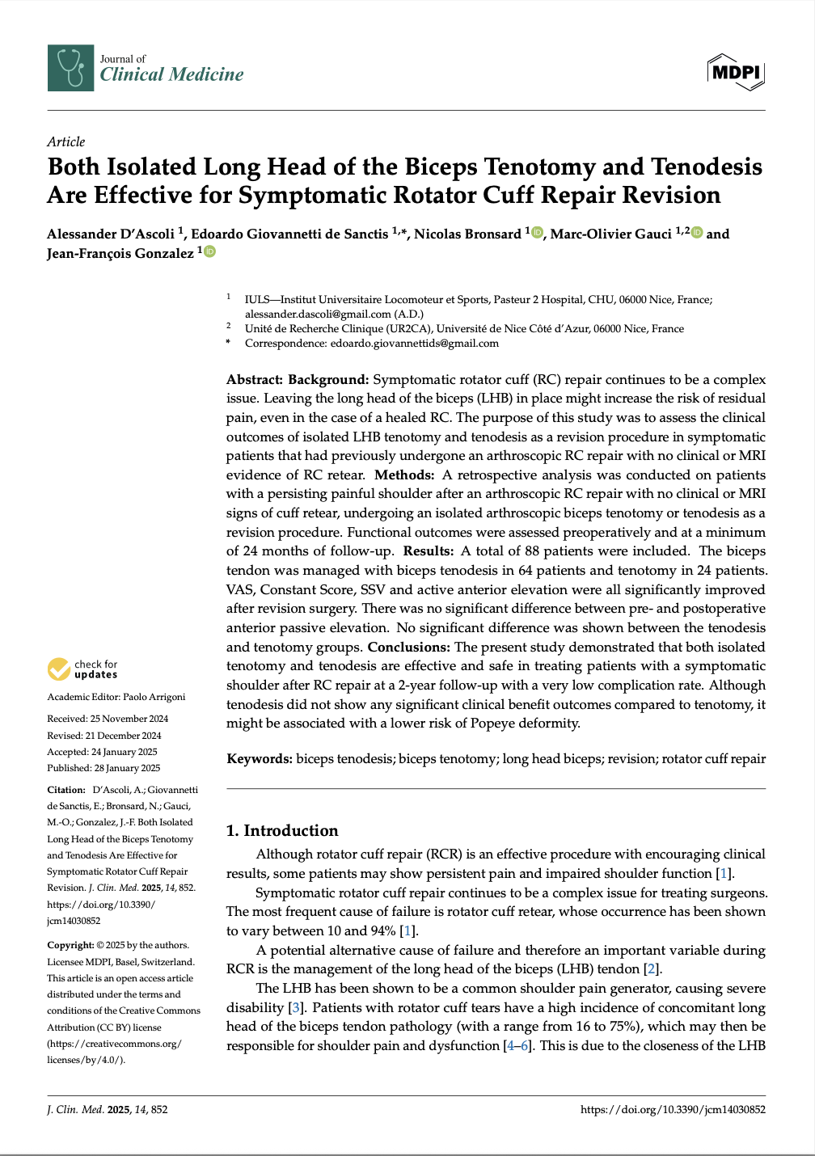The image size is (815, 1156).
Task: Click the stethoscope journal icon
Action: coord(70,68)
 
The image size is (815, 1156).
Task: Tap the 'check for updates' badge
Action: coord(82,669)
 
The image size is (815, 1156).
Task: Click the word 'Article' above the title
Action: coord(65,141)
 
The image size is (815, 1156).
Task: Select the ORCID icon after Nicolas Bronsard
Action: coord(537,233)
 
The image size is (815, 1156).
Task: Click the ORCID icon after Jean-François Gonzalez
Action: coord(209,252)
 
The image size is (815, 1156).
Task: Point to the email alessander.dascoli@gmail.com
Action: coord(318,314)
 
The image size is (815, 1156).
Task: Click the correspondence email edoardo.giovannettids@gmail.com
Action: coord(414,343)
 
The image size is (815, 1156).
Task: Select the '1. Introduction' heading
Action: coord(282,830)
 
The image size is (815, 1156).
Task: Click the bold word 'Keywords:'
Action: coord(259,758)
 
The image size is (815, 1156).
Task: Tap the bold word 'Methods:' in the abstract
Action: coord(404,475)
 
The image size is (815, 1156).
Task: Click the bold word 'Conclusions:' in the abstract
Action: coord(408,647)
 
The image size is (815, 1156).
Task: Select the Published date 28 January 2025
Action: coord(126,768)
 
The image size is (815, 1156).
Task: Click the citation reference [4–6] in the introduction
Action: coord(518,1045)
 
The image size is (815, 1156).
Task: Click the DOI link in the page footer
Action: coord(673,1109)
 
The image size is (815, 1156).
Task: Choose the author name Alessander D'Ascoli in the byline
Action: coord(111,234)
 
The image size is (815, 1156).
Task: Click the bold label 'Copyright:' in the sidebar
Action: coord(70,945)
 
